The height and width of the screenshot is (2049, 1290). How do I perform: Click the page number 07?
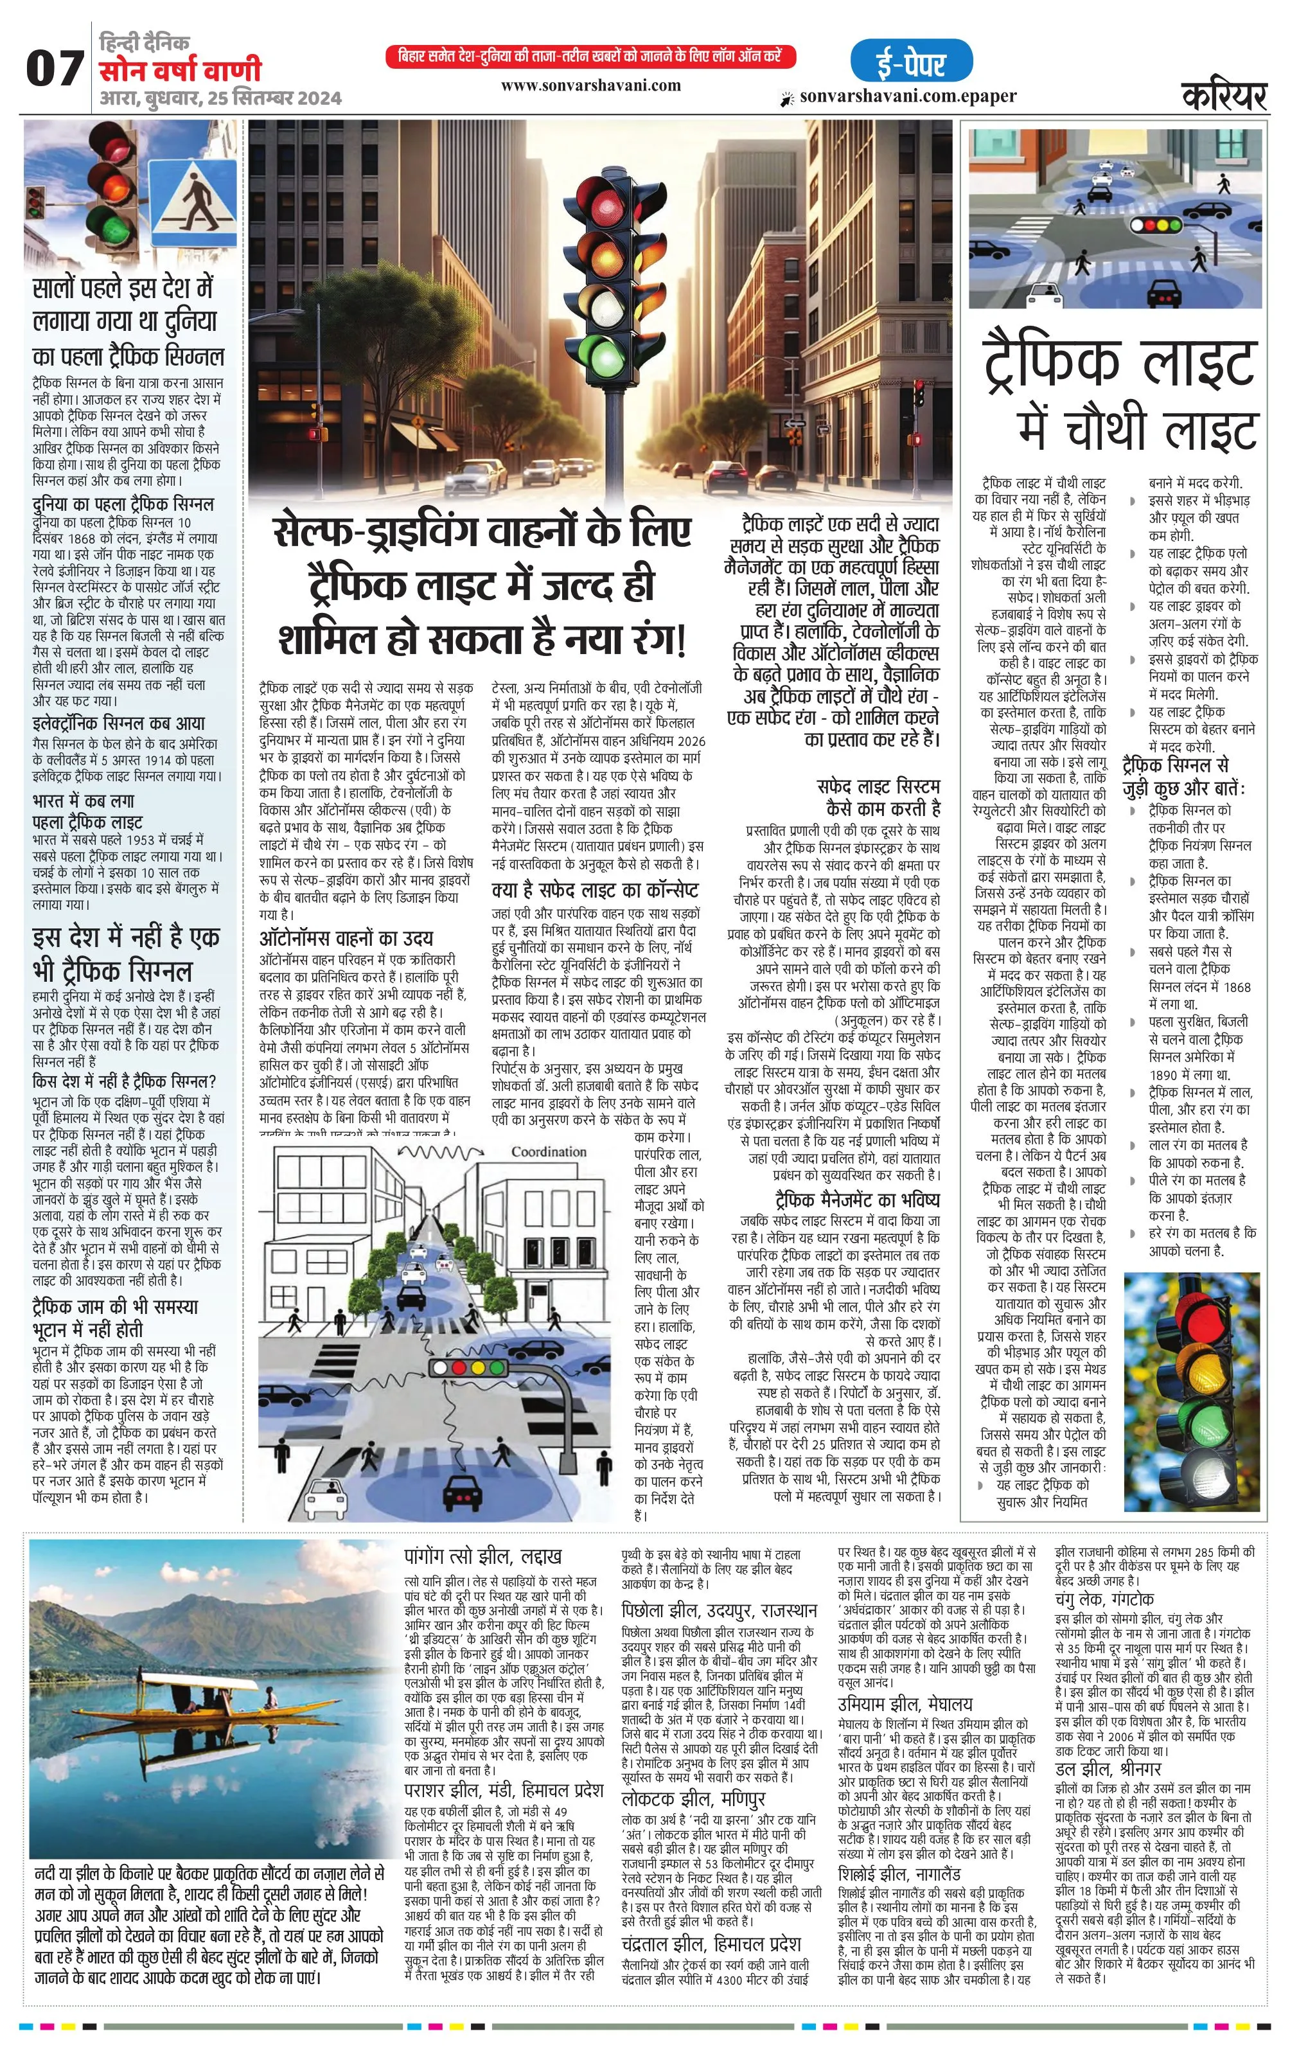[x=55, y=68]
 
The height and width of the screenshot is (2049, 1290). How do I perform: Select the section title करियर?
[x=1224, y=96]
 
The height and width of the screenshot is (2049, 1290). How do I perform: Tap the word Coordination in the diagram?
[x=548, y=1151]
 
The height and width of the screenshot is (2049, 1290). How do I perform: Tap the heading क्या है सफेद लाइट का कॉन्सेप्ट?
[x=595, y=890]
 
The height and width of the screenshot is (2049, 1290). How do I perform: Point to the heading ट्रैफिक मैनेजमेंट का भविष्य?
[x=857, y=1200]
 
